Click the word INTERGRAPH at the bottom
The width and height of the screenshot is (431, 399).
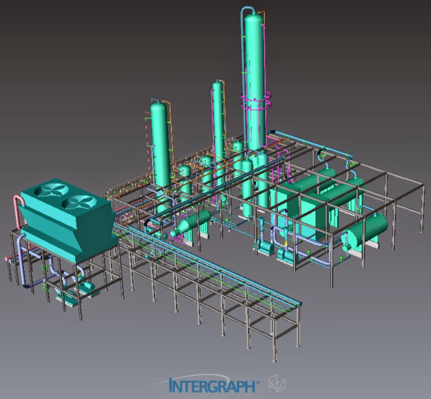(213, 385)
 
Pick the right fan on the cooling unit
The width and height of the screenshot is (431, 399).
(75, 204)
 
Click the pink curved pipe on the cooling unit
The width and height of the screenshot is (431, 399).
(17, 212)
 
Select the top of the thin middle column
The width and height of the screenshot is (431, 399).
(217, 86)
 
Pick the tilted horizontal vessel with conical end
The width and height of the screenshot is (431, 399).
(191, 223)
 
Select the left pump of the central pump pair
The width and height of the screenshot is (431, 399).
(264, 245)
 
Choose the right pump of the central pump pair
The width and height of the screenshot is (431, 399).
(286, 255)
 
